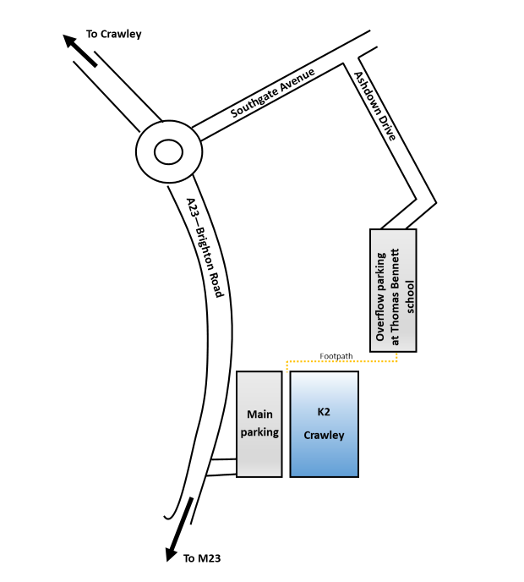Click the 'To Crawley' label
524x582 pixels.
(114, 35)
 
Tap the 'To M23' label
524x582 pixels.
(202, 558)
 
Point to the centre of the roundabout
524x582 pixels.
(168, 152)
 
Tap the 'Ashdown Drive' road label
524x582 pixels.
(374, 107)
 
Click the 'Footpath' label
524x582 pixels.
(336, 356)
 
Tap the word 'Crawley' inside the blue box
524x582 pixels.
(325, 436)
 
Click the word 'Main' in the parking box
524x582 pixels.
(259, 415)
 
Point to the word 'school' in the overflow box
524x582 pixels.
(412, 297)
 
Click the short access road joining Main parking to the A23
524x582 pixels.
(221, 467)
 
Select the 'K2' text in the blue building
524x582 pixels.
(324, 412)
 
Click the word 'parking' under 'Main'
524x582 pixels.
(259, 432)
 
